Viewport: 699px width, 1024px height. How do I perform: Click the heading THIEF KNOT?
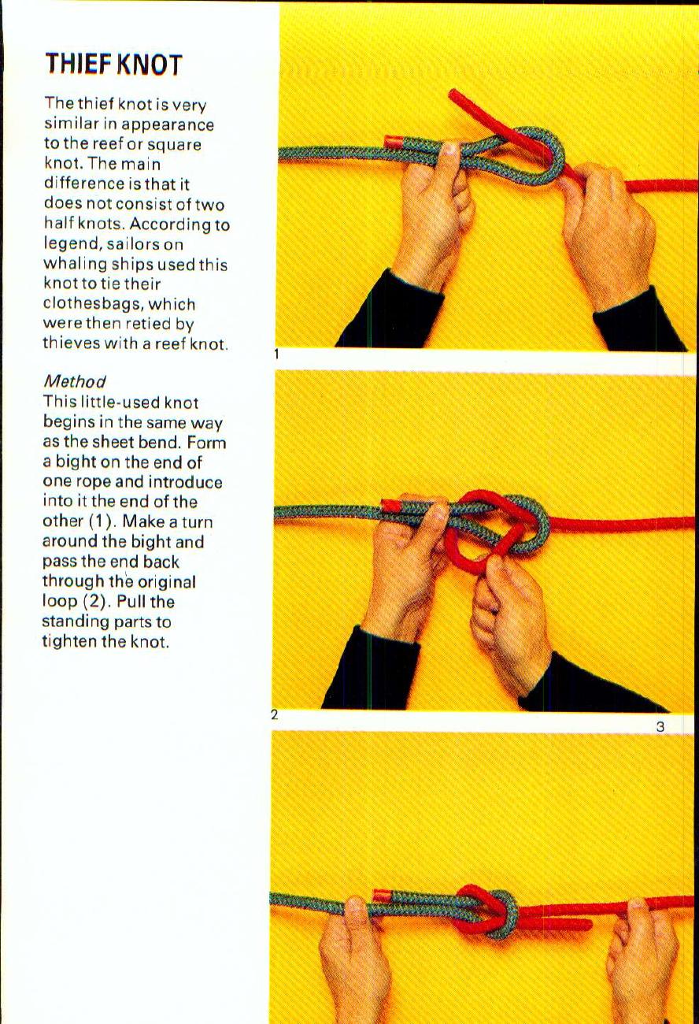pyautogui.click(x=113, y=64)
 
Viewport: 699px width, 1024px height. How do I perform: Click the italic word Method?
pyautogui.click(x=75, y=381)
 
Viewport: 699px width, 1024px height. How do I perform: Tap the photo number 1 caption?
pyautogui.click(x=276, y=354)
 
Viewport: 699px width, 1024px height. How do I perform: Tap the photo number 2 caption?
pyautogui.click(x=274, y=715)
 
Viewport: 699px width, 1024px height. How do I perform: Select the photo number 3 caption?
pyautogui.click(x=660, y=726)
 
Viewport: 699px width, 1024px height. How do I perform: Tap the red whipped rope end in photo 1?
pyautogui.click(x=394, y=142)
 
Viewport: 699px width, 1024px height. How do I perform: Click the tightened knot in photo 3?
pyautogui.click(x=488, y=911)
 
